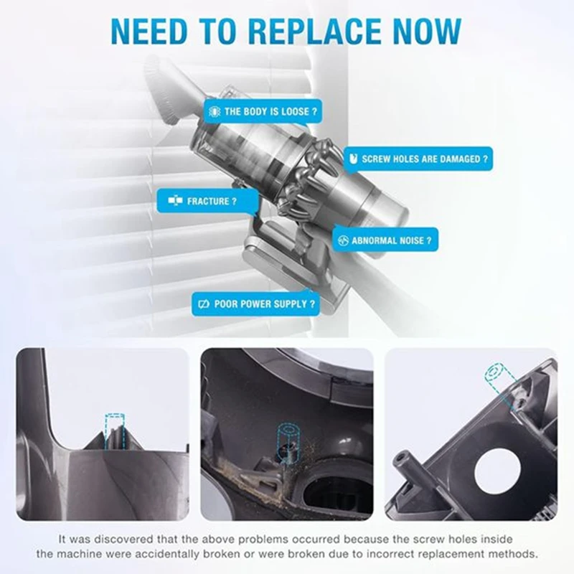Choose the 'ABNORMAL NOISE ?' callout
point(385,239)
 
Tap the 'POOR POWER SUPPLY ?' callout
point(255,304)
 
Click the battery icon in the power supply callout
point(204,304)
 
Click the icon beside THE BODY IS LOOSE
point(214,112)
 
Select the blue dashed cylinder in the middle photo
point(288,438)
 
